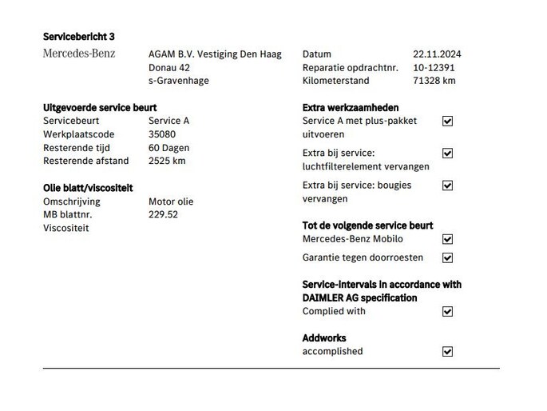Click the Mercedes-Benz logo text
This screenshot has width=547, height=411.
coord(78,54)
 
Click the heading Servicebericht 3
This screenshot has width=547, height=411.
coord(79,37)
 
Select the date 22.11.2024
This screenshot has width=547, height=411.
coord(437,54)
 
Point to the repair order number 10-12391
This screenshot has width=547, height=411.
coord(434,67)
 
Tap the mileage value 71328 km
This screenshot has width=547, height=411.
coord(434,81)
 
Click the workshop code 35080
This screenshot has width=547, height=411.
coord(162,134)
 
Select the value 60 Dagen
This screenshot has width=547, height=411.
coord(169,148)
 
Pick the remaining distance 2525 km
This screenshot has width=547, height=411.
coord(167,161)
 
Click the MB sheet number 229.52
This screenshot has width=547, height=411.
coord(163,214)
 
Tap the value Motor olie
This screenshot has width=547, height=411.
coord(171,202)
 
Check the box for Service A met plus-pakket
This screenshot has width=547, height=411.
coord(447,121)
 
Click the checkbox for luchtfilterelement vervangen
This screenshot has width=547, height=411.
coord(447,153)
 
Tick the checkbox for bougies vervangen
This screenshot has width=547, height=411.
coord(447,186)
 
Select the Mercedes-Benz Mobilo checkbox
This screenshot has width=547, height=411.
coord(447,239)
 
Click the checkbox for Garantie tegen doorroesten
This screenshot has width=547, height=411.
coord(447,257)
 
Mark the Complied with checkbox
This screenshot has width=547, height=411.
coord(447,312)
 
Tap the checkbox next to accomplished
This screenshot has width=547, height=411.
coord(447,352)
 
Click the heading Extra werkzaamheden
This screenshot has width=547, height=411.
coord(351,107)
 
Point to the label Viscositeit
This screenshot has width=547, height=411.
coord(66,228)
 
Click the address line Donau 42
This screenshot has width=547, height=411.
coord(169,67)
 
